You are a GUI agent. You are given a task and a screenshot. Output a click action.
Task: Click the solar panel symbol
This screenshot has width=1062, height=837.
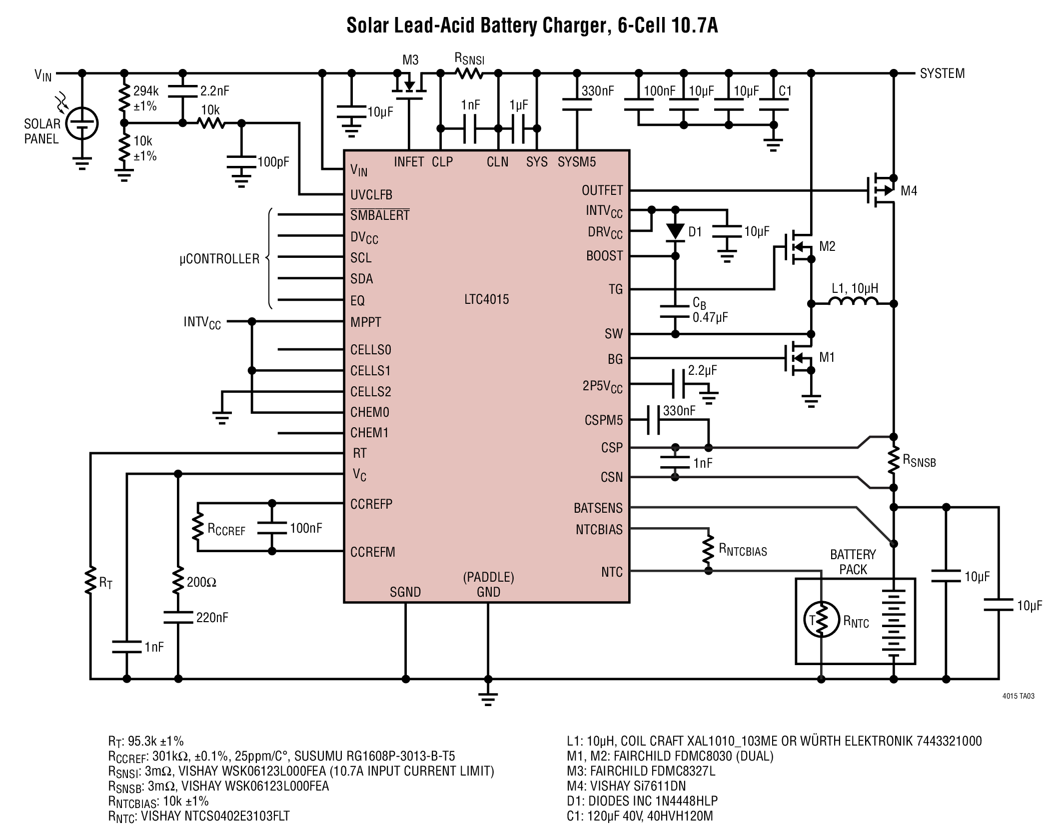click(x=82, y=123)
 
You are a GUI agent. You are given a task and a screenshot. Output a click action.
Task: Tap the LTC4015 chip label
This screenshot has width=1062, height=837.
click(x=486, y=299)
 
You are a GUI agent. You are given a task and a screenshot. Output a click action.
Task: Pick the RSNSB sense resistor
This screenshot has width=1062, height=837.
click(x=894, y=462)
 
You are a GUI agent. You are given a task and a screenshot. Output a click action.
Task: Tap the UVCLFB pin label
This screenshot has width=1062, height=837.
click(x=371, y=195)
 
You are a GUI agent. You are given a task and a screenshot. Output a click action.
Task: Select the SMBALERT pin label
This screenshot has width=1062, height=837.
click(x=380, y=215)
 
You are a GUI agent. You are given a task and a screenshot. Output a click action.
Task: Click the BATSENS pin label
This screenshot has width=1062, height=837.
click(x=598, y=508)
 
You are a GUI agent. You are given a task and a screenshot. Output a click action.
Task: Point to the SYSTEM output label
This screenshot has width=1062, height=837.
click(x=943, y=73)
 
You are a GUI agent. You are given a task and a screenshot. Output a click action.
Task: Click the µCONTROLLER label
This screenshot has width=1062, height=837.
click(x=220, y=259)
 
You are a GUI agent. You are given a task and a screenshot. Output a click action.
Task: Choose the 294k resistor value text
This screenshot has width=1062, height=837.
click(x=146, y=91)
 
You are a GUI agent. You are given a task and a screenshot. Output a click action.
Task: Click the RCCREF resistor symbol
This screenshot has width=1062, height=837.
click(x=198, y=528)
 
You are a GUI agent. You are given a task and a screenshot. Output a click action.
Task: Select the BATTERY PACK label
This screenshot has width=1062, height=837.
click(x=853, y=562)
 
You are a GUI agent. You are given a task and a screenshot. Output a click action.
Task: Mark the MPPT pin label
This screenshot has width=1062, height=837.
click(x=366, y=322)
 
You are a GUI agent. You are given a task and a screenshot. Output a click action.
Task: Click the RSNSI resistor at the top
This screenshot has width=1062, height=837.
click(x=469, y=73)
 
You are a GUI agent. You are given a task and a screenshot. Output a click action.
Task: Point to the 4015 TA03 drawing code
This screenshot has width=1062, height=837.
click(x=1018, y=696)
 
